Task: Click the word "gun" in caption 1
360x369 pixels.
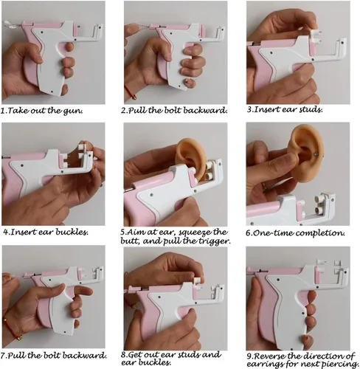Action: tap(73, 111)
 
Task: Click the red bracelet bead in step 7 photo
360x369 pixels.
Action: tap(19, 337)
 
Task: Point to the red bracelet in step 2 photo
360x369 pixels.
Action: tap(130, 92)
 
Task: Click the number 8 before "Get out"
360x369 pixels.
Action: tap(123, 355)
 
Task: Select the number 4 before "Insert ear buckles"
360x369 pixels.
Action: tap(6, 232)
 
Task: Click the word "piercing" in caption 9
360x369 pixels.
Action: tap(343, 364)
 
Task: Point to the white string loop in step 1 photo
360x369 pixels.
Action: tap(10, 24)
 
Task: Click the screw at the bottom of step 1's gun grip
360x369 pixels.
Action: tap(52, 92)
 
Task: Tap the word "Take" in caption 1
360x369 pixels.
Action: tap(17, 111)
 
